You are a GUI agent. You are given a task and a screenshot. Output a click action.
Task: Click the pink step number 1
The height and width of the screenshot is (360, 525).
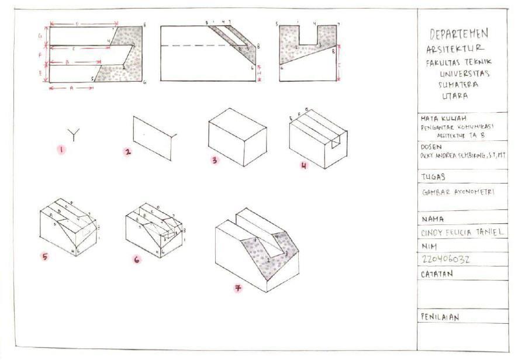point(61,150)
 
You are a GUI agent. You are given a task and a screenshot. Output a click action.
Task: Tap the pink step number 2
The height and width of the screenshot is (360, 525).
point(127,152)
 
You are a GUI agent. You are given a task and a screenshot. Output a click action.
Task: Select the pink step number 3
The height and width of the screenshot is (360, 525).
point(215,160)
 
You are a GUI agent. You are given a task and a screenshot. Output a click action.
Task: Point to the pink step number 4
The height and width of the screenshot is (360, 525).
point(303,165)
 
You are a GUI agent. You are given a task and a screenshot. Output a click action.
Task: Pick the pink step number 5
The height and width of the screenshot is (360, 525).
point(44,255)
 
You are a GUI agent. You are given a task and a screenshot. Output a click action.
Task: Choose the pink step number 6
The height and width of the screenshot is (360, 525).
point(136,259)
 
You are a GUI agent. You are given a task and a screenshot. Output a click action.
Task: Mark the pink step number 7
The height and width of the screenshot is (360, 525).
point(238,288)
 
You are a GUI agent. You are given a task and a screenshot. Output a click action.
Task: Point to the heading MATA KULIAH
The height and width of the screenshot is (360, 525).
point(440,117)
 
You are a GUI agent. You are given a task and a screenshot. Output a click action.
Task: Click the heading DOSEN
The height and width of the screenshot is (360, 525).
point(431,147)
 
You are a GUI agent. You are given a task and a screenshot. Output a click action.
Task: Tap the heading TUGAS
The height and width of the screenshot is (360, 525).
point(433,176)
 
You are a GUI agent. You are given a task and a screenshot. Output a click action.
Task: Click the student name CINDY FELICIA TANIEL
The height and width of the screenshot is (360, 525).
point(462,232)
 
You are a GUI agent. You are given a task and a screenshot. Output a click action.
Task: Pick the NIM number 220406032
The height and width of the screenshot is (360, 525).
point(445,259)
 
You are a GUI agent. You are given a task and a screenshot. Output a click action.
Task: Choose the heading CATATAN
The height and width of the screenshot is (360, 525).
point(437,274)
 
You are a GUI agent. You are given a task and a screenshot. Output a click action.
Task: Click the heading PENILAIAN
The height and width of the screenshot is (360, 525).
point(440,317)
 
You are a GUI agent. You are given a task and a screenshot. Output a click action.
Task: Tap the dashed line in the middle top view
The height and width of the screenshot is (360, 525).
point(199,46)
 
